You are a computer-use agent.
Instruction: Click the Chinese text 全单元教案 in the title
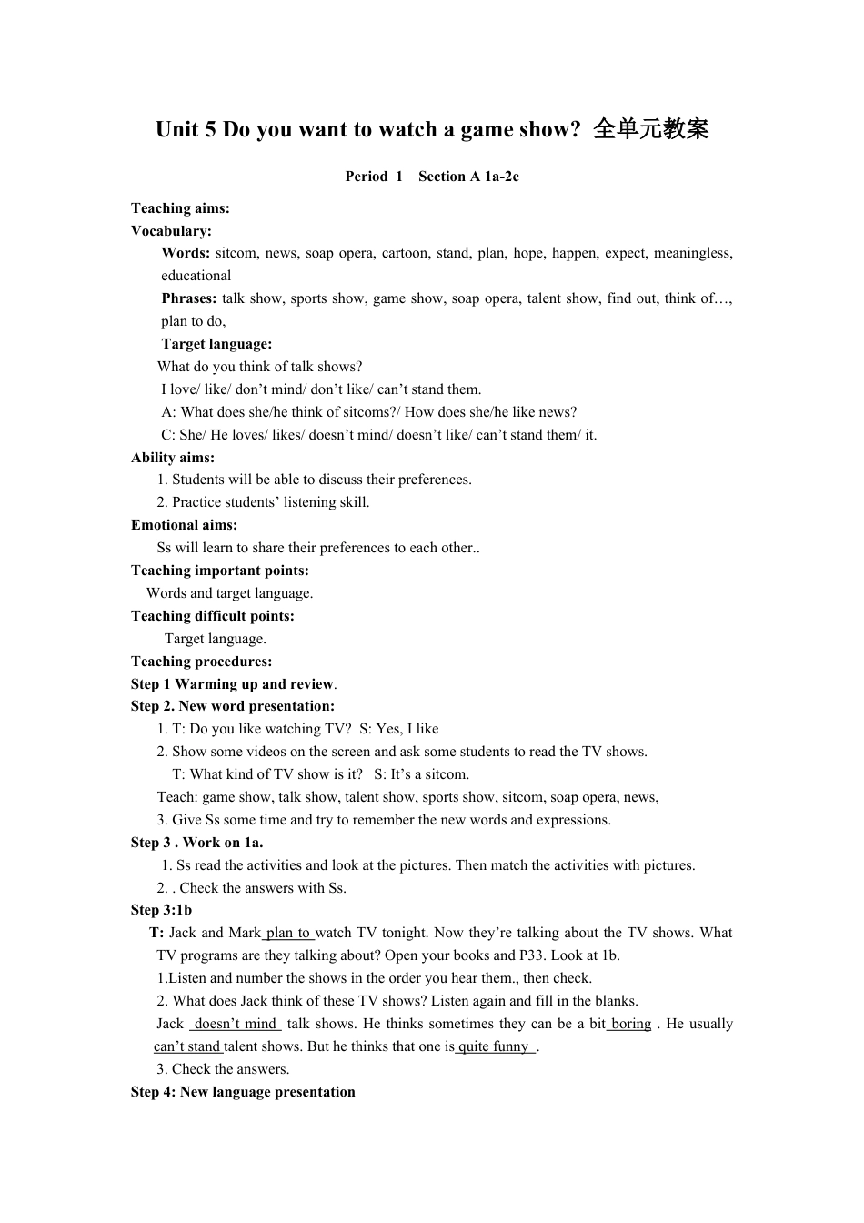tap(650, 129)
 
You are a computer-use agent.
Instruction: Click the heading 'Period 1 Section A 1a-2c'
tap(432, 177)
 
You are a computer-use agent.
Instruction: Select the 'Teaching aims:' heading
tap(180, 208)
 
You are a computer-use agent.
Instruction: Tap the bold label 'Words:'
tap(186, 253)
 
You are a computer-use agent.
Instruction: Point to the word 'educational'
tap(196, 276)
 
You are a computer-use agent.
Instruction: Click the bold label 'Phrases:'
tap(189, 298)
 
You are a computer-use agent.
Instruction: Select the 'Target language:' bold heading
tap(216, 344)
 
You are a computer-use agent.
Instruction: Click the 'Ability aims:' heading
tap(173, 458)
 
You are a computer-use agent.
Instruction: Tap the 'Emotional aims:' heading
tap(184, 525)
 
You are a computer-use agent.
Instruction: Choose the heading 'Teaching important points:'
tap(220, 571)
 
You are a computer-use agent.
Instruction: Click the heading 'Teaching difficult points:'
tap(213, 616)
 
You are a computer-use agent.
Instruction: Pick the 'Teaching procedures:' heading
tap(201, 662)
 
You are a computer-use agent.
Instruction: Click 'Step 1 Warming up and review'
tap(232, 684)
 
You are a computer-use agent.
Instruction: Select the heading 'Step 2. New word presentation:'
tap(233, 706)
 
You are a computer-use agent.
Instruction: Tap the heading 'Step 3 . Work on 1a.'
tap(197, 843)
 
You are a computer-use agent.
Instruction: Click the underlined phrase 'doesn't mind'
tap(236, 1024)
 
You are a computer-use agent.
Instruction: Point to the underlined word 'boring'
tap(630, 1024)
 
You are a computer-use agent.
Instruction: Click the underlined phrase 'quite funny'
tap(494, 1046)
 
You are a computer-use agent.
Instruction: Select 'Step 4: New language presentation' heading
tap(243, 1092)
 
